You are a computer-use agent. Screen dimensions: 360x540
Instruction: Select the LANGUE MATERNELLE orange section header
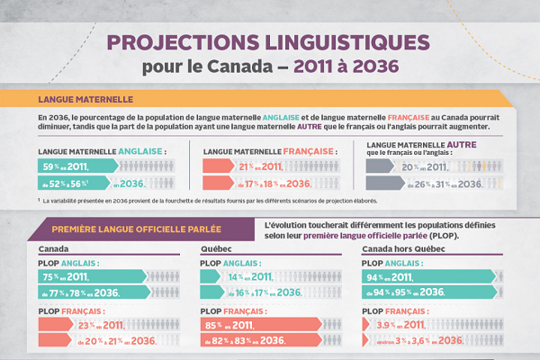tap(86, 99)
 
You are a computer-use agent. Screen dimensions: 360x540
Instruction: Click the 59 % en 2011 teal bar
tap(76, 166)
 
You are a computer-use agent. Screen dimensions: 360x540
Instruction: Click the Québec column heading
tap(215, 249)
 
